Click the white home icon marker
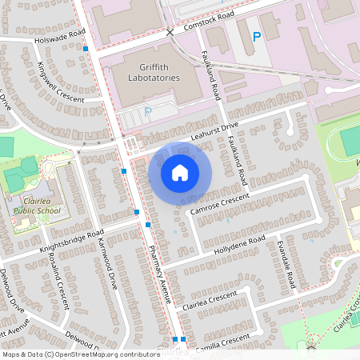coord(180,172)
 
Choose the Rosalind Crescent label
coord(56,284)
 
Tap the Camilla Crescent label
coord(226,342)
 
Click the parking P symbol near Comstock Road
coord(257,36)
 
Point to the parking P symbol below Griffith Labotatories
coord(147,111)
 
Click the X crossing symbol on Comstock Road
coord(170,33)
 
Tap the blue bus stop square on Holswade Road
coord(86,50)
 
